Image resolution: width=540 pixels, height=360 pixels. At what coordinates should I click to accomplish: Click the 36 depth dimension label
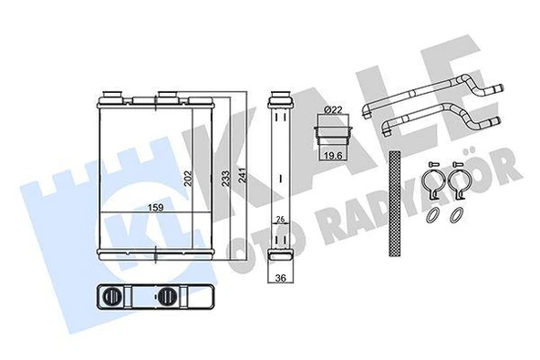coord(282,280)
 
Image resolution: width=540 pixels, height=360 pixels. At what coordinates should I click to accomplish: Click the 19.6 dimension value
coord(333,155)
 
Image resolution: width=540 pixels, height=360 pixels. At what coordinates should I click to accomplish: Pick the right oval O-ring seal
coord(456,215)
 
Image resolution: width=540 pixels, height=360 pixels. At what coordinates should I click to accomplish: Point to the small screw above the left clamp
coord(432,164)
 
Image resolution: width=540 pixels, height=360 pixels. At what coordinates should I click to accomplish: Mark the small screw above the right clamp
coord(455,164)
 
